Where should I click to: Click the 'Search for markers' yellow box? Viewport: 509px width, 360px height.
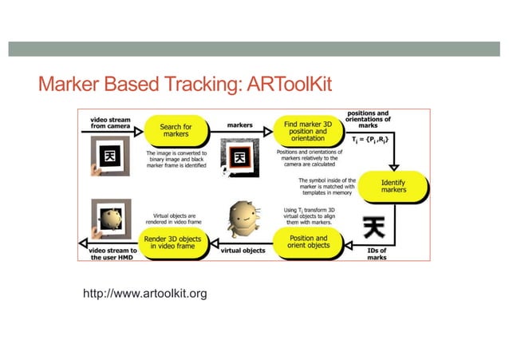[176, 131]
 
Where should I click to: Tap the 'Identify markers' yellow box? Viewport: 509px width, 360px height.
[394, 187]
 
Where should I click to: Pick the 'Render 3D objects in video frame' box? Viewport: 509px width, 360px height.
[175, 241]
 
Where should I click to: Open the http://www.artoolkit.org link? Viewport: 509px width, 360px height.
[145, 294]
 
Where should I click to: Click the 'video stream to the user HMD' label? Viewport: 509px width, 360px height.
[106, 254]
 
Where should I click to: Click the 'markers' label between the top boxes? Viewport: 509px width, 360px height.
[241, 125]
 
